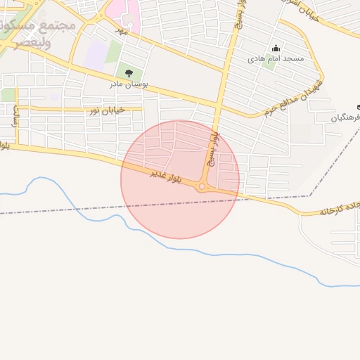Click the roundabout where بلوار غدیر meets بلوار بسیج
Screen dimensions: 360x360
(x=202, y=186)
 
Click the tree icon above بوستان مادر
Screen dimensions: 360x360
(x=128, y=72)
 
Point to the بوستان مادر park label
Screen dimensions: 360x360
(x=127, y=84)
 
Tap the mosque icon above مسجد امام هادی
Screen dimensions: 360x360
(x=275, y=49)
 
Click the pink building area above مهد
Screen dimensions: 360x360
(x=131, y=11)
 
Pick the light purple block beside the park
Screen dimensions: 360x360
(x=95, y=55)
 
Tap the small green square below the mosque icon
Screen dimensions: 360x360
(x=268, y=63)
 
